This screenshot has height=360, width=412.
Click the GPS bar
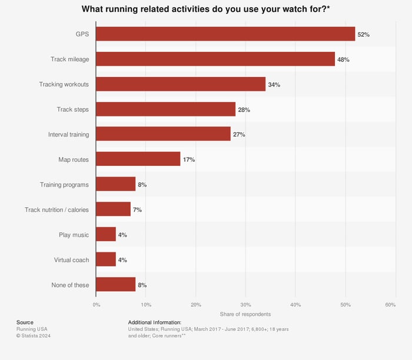coord(225,34)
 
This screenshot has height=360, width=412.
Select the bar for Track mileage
coord(215,59)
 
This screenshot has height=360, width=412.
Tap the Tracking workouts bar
coord(181,84)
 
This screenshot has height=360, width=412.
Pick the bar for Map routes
coord(138,159)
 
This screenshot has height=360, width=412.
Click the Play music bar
coord(106,235)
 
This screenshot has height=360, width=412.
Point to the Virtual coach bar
coord(106,259)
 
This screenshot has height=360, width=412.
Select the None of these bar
coord(116,285)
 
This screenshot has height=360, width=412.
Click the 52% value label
coord(364,35)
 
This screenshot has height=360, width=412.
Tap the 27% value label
coord(239,135)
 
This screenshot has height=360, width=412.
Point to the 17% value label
coord(189,160)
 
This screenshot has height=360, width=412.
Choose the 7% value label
coord(139,210)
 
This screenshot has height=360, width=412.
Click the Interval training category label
coord(68,135)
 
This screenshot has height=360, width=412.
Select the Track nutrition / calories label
coord(57,210)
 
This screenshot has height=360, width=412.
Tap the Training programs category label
coord(64,185)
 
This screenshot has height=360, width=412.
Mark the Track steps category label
coord(72,109)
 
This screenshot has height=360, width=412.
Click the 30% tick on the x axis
coord(246,305)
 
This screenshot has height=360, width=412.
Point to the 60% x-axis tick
coord(390,305)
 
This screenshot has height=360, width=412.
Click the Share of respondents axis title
coord(245,314)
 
